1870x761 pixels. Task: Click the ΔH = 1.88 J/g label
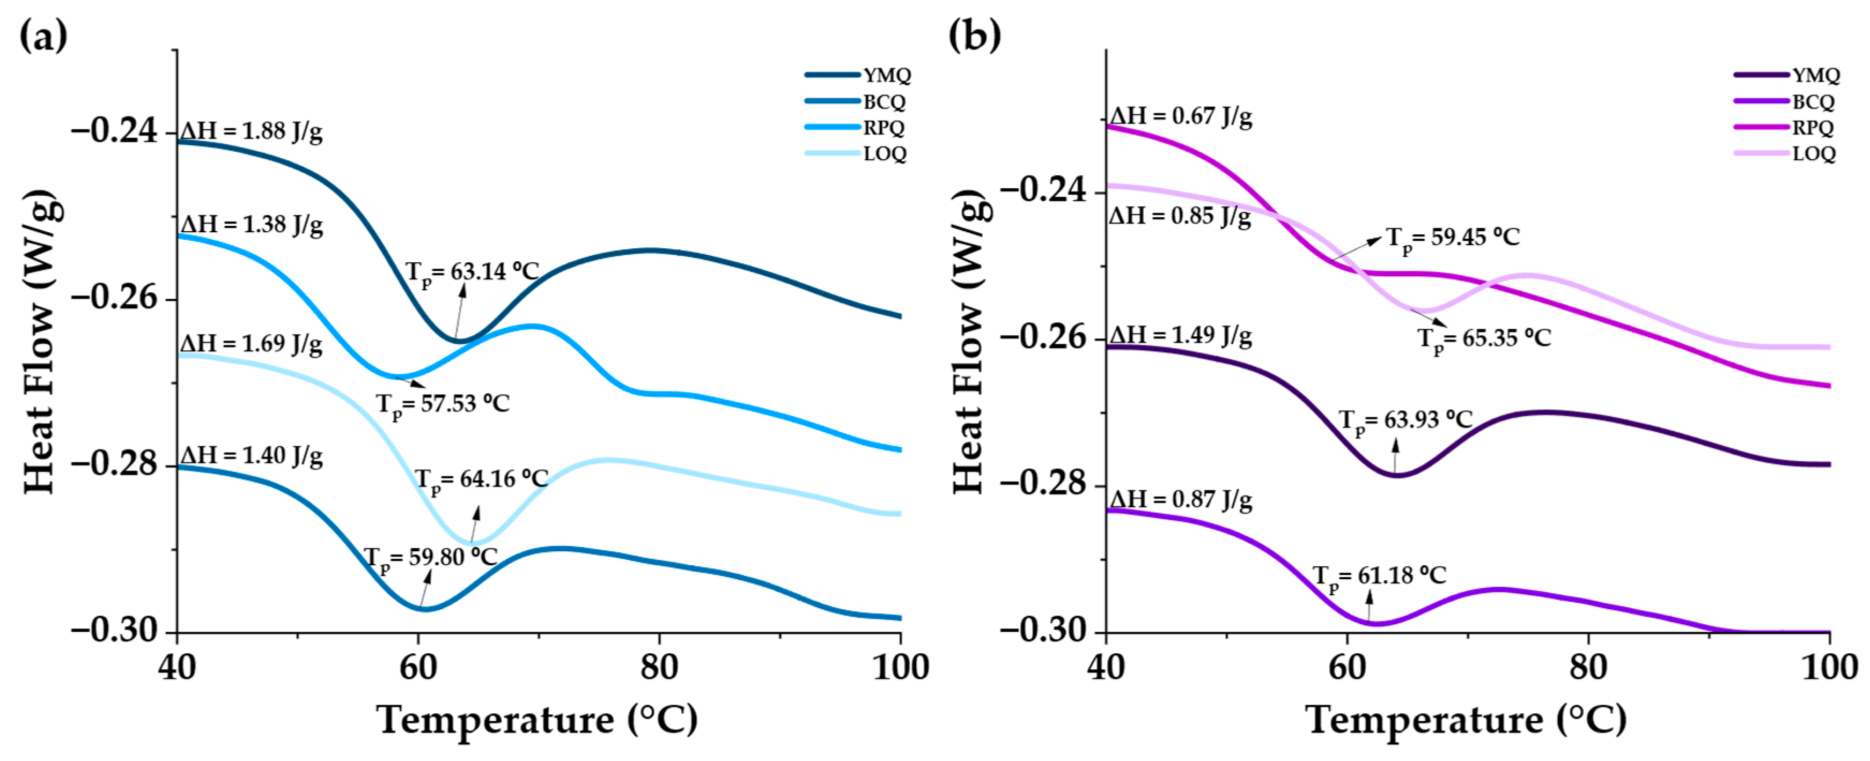click(x=251, y=131)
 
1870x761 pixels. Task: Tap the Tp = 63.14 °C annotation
click(x=472, y=272)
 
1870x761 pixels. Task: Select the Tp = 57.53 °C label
click(x=443, y=404)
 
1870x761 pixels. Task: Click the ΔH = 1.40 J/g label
click(x=251, y=456)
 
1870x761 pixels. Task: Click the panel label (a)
click(x=43, y=35)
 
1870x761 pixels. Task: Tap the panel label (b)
click(x=974, y=35)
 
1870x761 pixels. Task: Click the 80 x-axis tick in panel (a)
click(x=659, y=667)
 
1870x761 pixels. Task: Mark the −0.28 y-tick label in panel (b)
click(x=1043, y=484)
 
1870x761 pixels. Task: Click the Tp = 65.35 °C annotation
click(x=1484, y=339)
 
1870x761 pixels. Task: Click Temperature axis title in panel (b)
click(x=1467, y=720)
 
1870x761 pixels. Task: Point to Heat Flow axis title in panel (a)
click(x=40, y=341)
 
